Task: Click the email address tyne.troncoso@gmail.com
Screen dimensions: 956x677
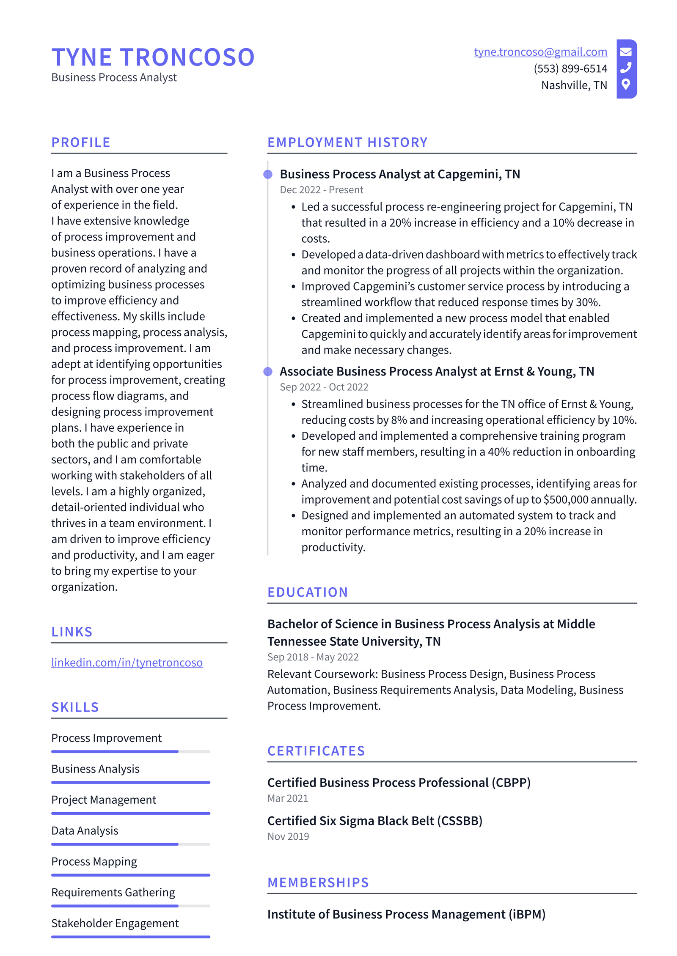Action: (540, 52)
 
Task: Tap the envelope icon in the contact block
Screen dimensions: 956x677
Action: (626, 52)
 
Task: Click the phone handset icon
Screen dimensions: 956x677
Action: (626, 68)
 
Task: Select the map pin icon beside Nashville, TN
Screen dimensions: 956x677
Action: (626, 84)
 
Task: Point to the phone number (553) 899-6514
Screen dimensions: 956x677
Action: (570, 68)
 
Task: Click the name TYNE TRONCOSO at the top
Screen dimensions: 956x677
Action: (153, 57)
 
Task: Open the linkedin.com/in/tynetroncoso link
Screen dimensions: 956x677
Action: (127, 662)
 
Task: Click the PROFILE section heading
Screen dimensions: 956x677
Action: (81, 142)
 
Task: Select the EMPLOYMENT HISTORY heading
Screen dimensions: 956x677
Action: (347, 142)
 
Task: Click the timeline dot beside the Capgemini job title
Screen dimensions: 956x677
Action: (268, 174)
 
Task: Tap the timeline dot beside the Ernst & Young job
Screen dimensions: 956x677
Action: (268, 371)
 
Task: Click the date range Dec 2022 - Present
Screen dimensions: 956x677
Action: (321, 190)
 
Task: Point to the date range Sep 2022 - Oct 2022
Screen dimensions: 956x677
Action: (324, 387)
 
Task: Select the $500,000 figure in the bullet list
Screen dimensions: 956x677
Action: (566, 500)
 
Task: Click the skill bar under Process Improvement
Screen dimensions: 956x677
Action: (130, 751)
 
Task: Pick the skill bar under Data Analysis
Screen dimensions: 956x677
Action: (130, 844)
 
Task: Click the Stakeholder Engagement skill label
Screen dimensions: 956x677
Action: (115, 923)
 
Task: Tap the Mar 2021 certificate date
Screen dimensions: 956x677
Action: (288, 798)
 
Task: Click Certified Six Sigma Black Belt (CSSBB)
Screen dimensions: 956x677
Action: (374, 821)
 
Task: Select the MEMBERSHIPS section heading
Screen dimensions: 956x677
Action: (318, 882)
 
